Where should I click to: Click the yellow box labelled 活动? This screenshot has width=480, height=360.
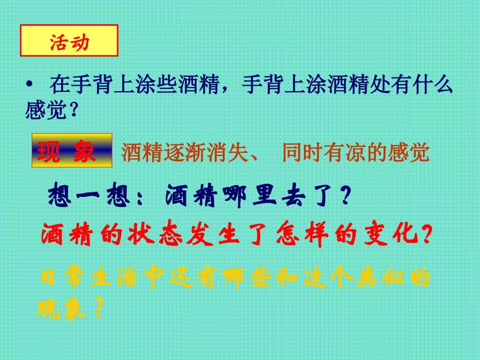point(69,41)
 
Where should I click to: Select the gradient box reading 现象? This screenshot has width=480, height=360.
point(72,150)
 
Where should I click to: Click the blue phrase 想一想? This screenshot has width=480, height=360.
point(88,196)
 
